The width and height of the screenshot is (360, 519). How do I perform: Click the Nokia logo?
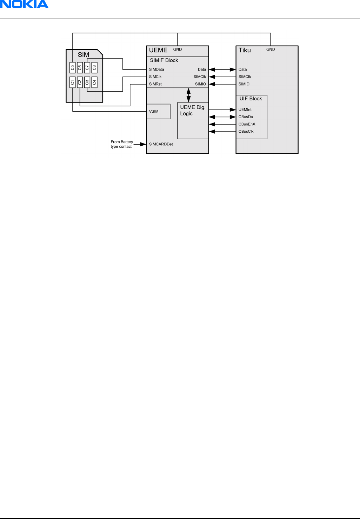tap(24, 5)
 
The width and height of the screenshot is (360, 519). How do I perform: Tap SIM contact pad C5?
tap(72, 67)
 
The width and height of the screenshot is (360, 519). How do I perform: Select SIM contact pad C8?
tap(94, 67)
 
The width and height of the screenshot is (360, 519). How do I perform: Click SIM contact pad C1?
tap(72, 82)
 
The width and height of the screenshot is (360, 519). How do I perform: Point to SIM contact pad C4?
tap(94, 82)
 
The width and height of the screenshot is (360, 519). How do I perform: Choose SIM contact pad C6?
tap(80, 67)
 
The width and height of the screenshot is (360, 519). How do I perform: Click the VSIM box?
tap(158, 111)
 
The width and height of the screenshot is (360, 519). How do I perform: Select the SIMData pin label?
tap(156, 69)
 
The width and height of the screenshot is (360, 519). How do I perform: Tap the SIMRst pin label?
tap(155, 84)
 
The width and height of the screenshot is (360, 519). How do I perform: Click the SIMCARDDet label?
tap(161, 144)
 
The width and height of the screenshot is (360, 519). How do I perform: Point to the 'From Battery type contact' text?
tap(122, 144)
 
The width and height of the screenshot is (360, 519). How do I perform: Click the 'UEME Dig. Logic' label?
tap(192, 110)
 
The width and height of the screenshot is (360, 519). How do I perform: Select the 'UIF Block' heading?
tap(251, 99)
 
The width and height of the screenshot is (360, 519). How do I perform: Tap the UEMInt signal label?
tap(245, 110)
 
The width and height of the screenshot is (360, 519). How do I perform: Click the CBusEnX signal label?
tap(247, 124)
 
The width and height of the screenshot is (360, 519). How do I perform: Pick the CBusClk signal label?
tap(246, 132)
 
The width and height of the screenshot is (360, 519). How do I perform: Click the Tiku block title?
tap(245, 50)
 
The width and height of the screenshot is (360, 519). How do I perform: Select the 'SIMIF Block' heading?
tap(164, 60)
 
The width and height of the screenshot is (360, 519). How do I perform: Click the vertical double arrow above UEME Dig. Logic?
tap(189, 95)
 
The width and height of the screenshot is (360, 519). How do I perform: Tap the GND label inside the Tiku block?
tap(271, 49)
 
